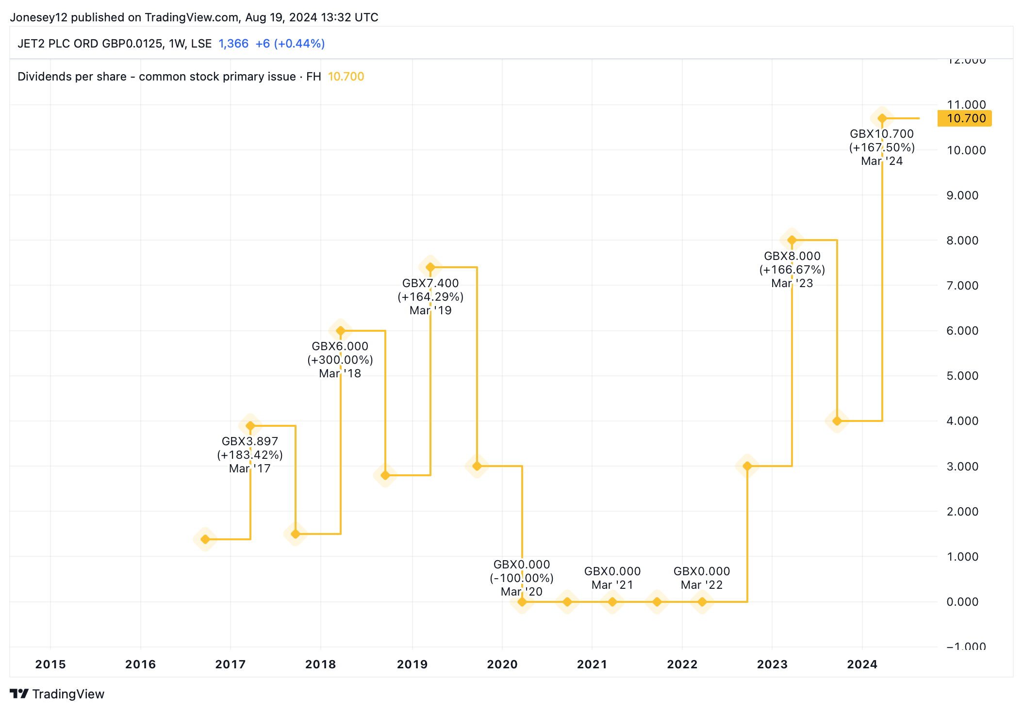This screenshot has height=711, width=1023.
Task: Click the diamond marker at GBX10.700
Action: pos(882,118)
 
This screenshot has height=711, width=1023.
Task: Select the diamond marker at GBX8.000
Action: pos(792,240)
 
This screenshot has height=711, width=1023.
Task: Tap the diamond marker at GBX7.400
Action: pos(430,267)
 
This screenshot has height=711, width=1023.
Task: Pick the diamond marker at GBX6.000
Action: pos(340,331)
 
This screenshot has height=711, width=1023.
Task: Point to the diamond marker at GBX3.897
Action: pos(250,426)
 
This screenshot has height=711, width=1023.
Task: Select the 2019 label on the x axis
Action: pos(412,664)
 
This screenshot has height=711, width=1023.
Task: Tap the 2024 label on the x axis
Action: pos(862,664)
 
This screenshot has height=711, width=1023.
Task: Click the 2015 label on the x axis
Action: pos(50,664)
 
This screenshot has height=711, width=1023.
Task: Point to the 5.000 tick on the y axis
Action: pos(962,376)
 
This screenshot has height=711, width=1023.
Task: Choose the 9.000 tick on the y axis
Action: pos(962,195)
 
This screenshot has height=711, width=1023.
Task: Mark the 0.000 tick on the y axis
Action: pos(962,602)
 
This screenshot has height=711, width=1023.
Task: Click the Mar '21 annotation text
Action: pos(612,585)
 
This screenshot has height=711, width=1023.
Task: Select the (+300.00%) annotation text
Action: pos(340,360)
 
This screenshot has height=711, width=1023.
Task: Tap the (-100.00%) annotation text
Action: pos(522,578)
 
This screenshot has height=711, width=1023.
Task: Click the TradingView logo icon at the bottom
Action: pos(19,694)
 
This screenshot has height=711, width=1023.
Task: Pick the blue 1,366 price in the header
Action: pos(233,44)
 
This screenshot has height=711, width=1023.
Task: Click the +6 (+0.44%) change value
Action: pos(290,44)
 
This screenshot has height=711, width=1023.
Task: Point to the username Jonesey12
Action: pos(39,17)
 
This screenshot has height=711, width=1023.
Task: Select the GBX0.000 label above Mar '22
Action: pos(702,571)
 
